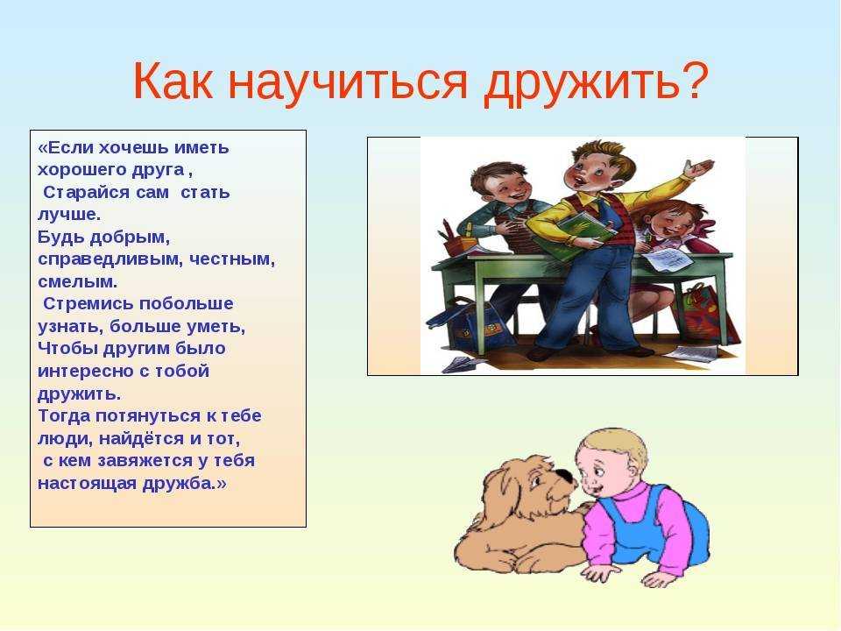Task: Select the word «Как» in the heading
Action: [173, 81]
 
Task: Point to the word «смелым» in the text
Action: [77, 281]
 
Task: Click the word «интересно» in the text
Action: [88, 372]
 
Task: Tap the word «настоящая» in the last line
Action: [87, 484]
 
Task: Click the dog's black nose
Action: [563, 475]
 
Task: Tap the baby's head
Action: [609, 462]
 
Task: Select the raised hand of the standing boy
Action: [700, 168]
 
